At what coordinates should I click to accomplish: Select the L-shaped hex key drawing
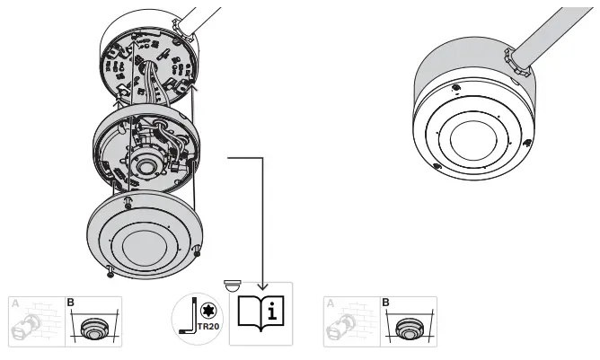[188, 320]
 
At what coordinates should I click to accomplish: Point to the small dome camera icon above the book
[232, 285]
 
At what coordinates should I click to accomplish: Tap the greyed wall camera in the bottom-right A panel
[342, 327]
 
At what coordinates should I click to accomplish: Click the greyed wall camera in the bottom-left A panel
[28, 327]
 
